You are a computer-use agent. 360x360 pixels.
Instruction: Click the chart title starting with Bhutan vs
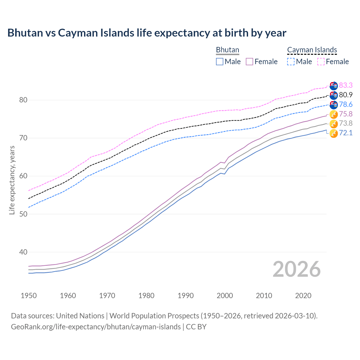pos(147,33)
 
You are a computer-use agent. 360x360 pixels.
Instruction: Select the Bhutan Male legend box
pos(220,62)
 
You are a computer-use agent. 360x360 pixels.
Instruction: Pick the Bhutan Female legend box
pos(250,62)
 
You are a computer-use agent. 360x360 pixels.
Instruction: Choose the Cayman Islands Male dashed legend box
pos(291,62)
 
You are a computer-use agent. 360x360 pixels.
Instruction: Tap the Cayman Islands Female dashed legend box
pos(321,62)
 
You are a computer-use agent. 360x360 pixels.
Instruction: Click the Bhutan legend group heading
pos(228,50)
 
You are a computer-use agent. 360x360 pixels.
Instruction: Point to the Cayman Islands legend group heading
pos(312,50)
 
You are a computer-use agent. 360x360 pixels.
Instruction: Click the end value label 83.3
pos(346,85)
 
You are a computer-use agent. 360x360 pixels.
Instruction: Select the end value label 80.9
pos(346,95)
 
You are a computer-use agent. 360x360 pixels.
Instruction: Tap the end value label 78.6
pos(346,105)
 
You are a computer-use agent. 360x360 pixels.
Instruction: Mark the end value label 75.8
pos(346,114)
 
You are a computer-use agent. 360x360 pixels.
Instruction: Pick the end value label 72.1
pos(346,133)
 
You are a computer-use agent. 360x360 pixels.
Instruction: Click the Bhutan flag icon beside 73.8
pos(334,123)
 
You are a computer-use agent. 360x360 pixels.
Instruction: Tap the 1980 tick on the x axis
pos(146,296)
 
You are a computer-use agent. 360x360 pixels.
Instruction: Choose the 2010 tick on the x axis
pos(264,296)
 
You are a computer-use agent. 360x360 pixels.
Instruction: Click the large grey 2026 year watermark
pos(296,269)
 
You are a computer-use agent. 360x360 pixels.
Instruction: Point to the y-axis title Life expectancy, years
pos(12,180)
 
